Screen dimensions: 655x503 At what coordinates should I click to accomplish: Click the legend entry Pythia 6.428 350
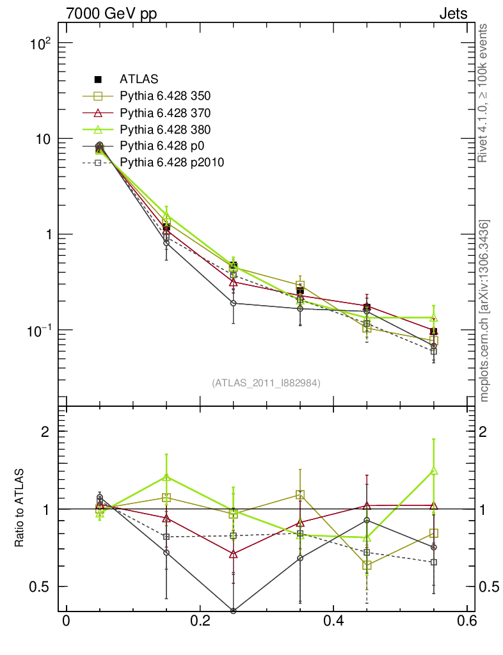pos(165,96)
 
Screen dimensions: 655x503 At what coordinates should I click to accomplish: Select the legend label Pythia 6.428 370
pos(165,113)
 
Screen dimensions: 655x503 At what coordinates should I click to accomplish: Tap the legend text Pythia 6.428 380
pos(165,129)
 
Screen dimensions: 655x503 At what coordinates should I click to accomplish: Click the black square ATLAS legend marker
pos(99,79)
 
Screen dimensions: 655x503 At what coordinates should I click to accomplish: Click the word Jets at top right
pos(453,14)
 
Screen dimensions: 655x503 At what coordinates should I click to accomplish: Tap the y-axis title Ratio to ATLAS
pos(19,509)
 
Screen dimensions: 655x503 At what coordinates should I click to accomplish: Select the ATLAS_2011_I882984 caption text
pos(266,383)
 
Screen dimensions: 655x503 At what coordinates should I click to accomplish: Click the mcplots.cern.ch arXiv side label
pos(485,311)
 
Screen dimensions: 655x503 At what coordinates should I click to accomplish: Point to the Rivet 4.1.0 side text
pos(485,93)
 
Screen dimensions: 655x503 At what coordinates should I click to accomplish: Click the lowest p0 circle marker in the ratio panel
pos(233,611)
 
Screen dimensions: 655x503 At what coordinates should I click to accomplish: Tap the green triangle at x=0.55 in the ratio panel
pos(434,471)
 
